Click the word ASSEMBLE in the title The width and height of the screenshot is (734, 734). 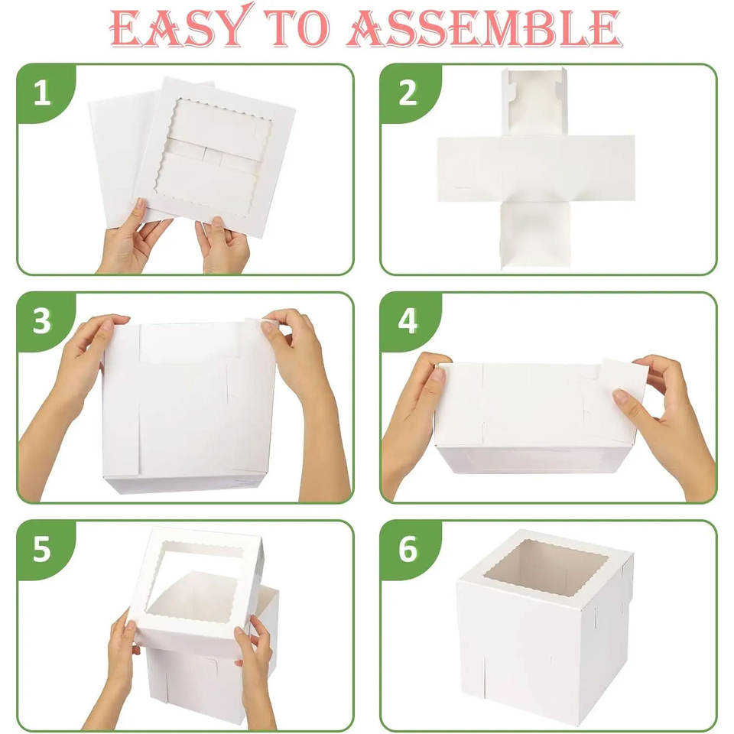click(485, 29)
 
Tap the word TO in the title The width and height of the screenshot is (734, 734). click(297, 29)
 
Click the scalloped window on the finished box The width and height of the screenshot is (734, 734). click(546, 567)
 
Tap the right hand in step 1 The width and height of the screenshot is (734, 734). click(222, 245)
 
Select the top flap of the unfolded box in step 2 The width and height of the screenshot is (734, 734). click(534, 102)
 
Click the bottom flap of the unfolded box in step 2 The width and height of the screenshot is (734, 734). click(535, 235)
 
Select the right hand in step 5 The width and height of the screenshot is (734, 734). click(255, 674)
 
